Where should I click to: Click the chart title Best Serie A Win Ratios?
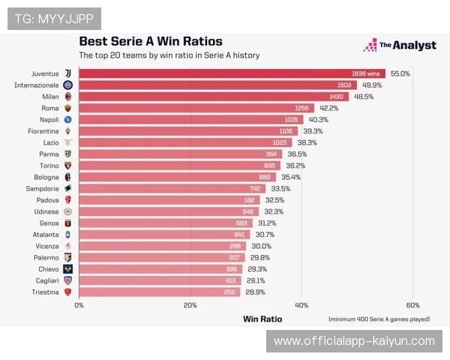[151, 42]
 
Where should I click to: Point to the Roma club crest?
[67, 108]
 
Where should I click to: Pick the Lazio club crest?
[67, 142]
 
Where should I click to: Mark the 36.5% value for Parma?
[297, 154]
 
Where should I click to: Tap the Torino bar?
[179, 166]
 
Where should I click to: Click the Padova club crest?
[67, 200]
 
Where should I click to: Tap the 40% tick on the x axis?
[301, 305]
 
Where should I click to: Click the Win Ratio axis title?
[262, 319]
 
